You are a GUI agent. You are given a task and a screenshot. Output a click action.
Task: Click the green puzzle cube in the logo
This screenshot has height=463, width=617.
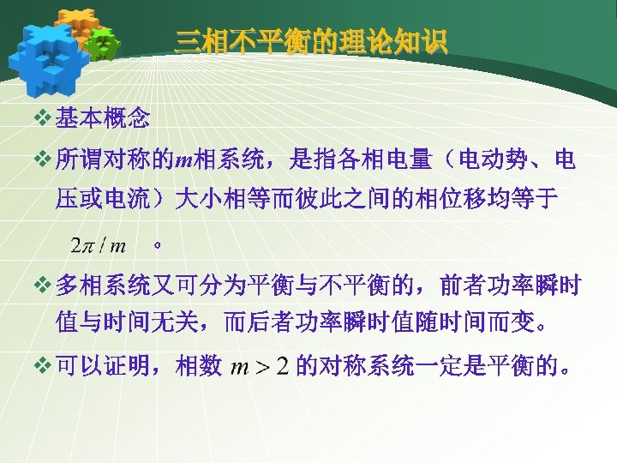(104, 42)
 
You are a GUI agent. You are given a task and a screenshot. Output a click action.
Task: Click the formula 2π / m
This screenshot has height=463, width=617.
(98, 246)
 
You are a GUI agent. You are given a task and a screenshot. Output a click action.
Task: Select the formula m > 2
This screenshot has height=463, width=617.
(261, 368)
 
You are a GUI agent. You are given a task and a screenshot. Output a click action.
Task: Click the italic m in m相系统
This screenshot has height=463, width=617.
(184, 159)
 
